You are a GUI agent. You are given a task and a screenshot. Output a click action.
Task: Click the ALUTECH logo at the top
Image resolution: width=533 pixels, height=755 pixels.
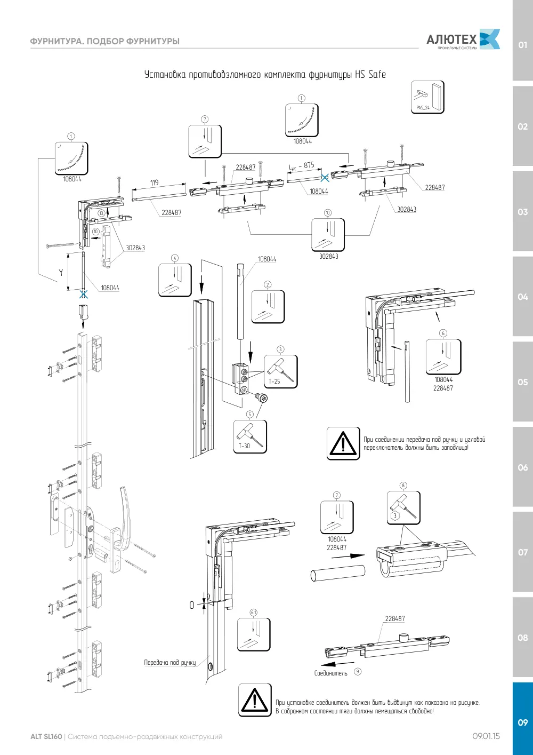[463, 39]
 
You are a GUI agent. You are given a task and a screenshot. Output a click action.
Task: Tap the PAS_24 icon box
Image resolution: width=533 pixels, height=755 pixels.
[427, 97]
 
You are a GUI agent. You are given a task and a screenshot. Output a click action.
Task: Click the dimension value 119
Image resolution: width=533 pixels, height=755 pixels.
[154, 182]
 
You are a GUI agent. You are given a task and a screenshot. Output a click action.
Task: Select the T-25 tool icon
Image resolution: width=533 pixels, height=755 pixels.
[280, 371]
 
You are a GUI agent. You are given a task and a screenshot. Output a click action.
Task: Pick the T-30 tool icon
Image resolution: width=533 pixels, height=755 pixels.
[250, 436]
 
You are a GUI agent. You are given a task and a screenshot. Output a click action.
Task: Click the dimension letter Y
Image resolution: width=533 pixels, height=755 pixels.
[61, 272]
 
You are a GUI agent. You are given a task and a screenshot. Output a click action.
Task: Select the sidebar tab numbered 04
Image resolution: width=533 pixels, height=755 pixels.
[522, 297]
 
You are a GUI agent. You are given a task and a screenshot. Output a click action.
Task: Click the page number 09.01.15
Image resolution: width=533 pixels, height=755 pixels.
[486, 736]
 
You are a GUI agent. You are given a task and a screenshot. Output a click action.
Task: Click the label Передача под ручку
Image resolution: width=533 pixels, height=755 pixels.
[169, 663]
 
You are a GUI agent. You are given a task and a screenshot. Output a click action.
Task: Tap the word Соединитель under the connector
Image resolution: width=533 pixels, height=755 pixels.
[330, 673]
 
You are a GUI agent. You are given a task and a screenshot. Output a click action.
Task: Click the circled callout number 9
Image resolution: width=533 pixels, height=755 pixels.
[358, 671]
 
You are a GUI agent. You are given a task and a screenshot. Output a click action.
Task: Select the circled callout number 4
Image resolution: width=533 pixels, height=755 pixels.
[174, 258]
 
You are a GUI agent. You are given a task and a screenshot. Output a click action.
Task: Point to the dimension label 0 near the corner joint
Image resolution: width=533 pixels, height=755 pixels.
[191, 605]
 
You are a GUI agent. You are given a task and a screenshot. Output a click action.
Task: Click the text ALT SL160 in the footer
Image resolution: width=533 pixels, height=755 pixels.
[46, 736]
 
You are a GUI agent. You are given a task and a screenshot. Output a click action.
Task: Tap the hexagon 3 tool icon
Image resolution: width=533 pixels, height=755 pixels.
[403, 507]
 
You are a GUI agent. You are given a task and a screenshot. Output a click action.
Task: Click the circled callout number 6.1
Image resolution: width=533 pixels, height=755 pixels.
[254, 613]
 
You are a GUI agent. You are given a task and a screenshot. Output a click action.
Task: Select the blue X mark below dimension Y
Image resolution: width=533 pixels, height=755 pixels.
[84, 294]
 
